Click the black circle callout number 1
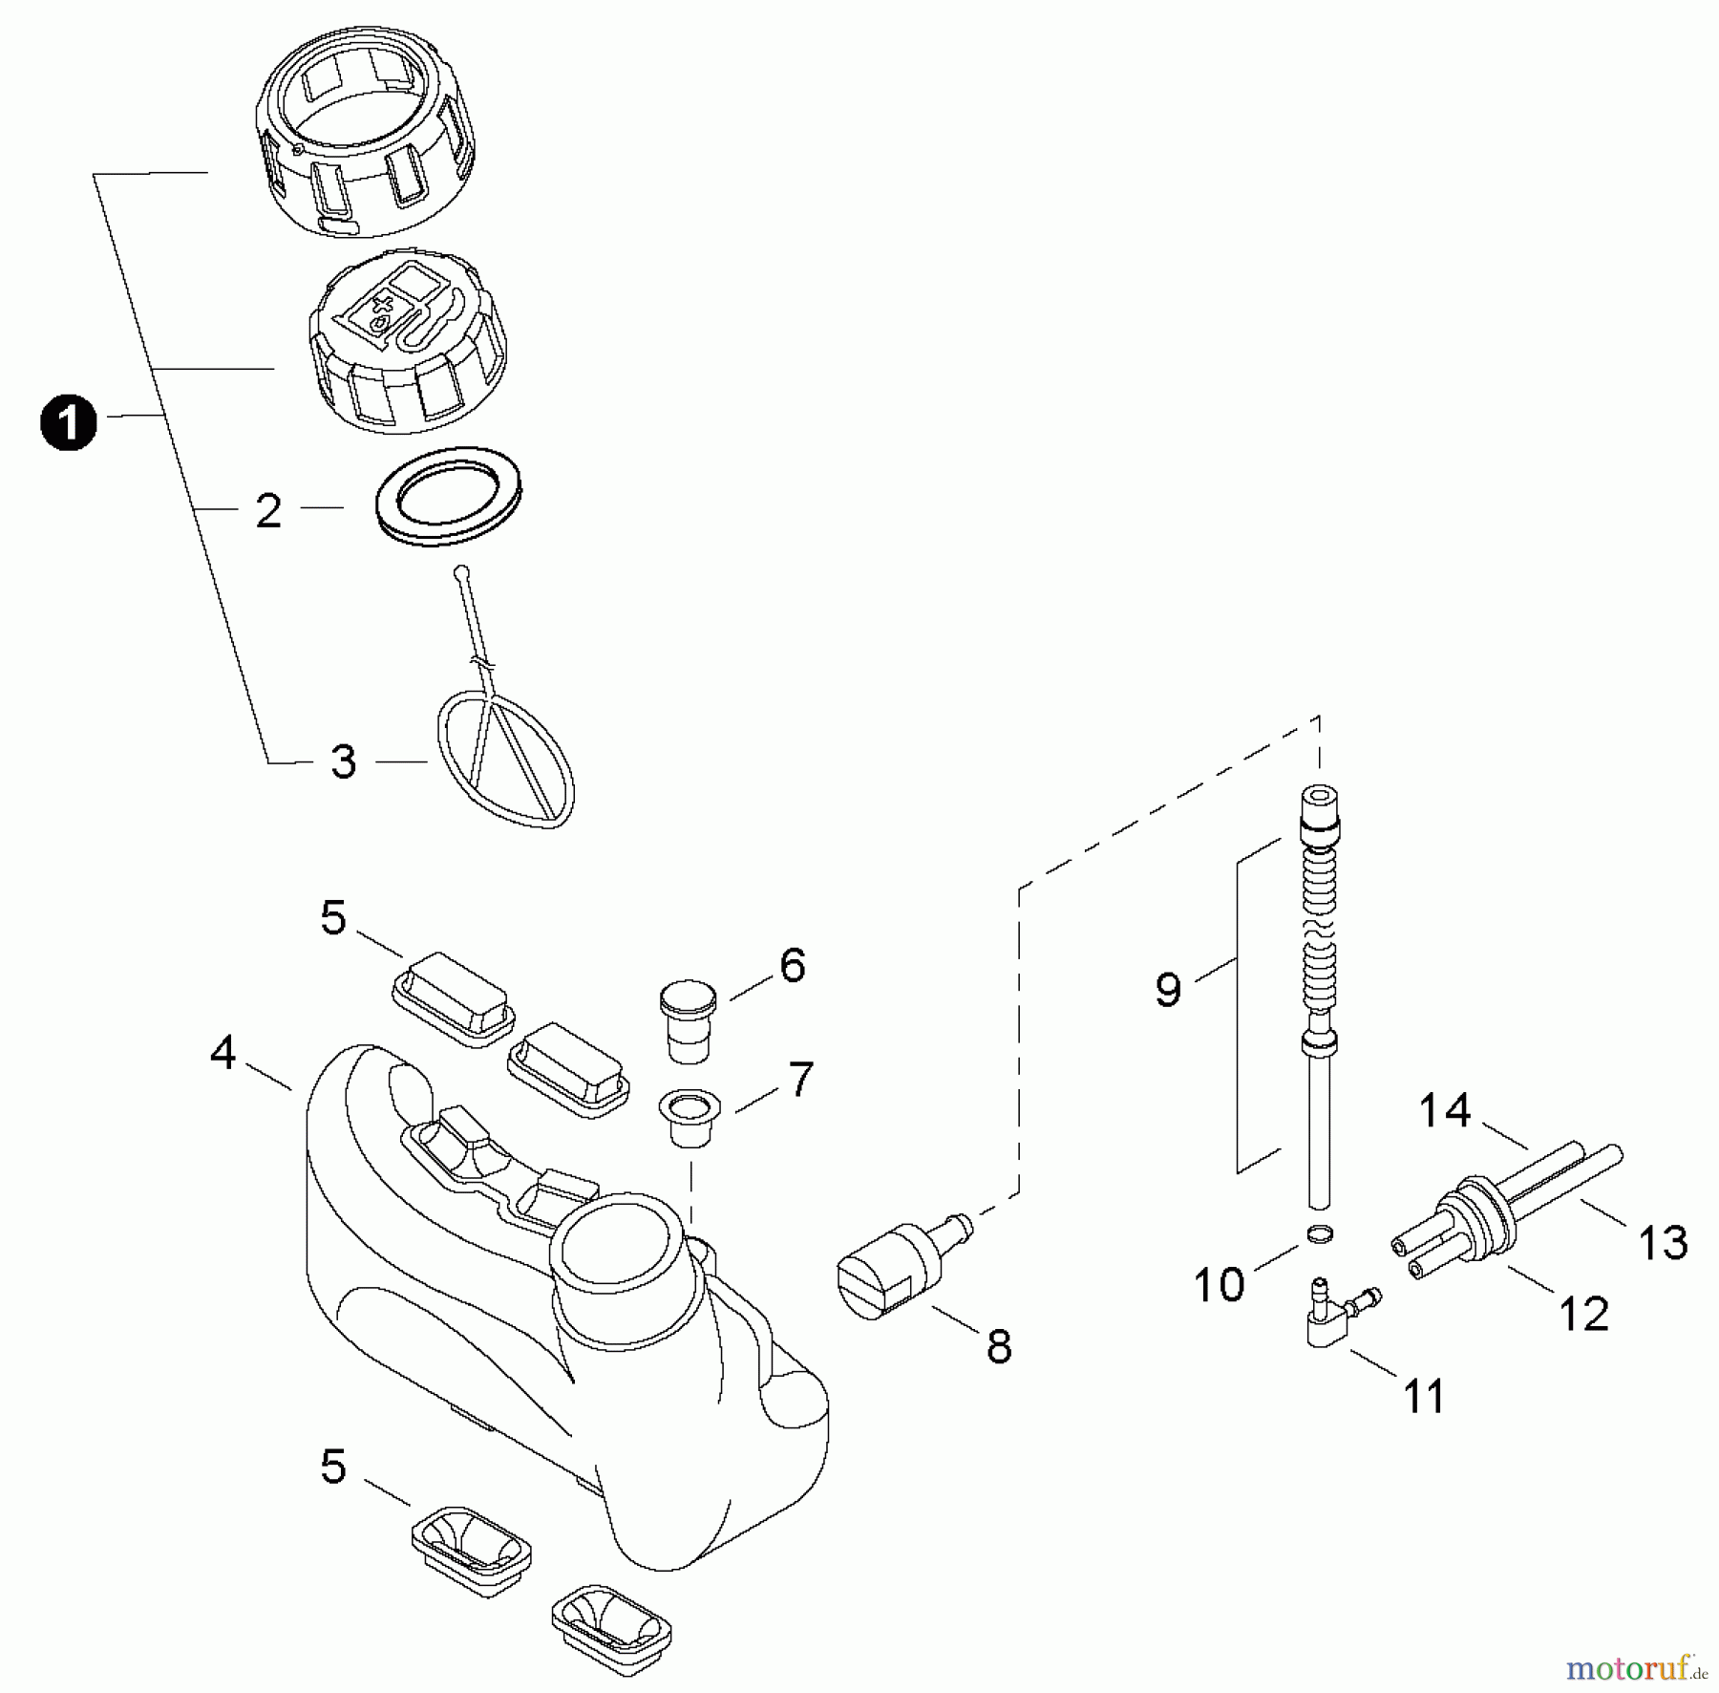(69, 424)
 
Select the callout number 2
(268, 511)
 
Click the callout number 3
(343, 762)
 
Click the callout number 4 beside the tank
(223, 1053)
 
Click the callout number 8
(999, 1347)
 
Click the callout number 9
(1167, 989)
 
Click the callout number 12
(1584, 1316)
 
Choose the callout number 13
(1663, 1243)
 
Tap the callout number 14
(1445, 1111)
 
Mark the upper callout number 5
(332, 918)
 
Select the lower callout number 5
(332, 1467)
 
